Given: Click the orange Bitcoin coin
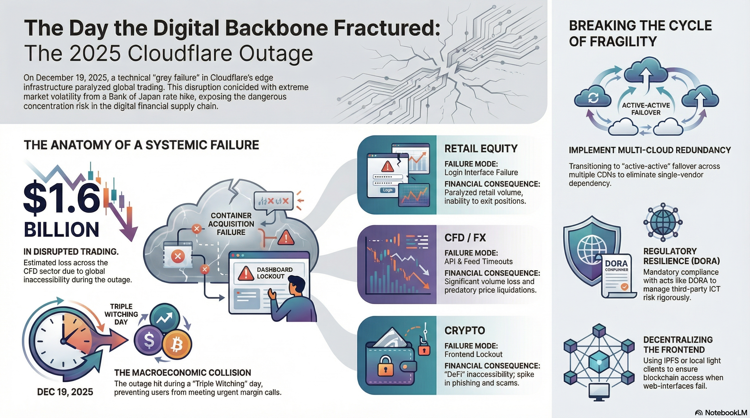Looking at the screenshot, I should tap(177, 345).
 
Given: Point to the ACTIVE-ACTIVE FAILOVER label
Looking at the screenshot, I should tap(646, 109).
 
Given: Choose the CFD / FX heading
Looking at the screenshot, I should tap(465, 238).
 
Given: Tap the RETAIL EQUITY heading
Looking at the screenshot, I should tap(481, 149).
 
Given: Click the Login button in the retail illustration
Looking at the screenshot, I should tap(388, 190).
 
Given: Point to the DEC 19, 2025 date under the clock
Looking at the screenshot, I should tap(65, 392).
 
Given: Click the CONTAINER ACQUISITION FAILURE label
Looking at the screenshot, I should tap(231, 224).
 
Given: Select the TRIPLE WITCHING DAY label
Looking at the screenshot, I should tap(121, 314).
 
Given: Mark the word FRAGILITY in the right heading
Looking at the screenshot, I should tap(613, 42).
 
